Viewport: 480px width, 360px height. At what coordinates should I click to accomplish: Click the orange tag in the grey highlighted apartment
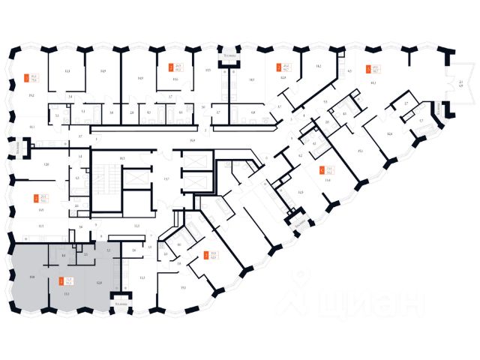60,283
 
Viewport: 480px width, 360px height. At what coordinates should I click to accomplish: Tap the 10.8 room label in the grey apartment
31,277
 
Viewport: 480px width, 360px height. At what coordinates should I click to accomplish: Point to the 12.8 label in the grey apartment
100,282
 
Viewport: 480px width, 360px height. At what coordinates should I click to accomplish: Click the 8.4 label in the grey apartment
64,255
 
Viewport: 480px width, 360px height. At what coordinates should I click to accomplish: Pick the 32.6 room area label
389,134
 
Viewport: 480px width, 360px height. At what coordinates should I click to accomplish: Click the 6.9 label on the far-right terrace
460,85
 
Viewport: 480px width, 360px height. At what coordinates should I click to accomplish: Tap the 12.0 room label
46,163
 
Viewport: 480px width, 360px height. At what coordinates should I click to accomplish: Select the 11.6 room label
175,78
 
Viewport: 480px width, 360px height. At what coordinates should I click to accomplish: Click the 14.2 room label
317,66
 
